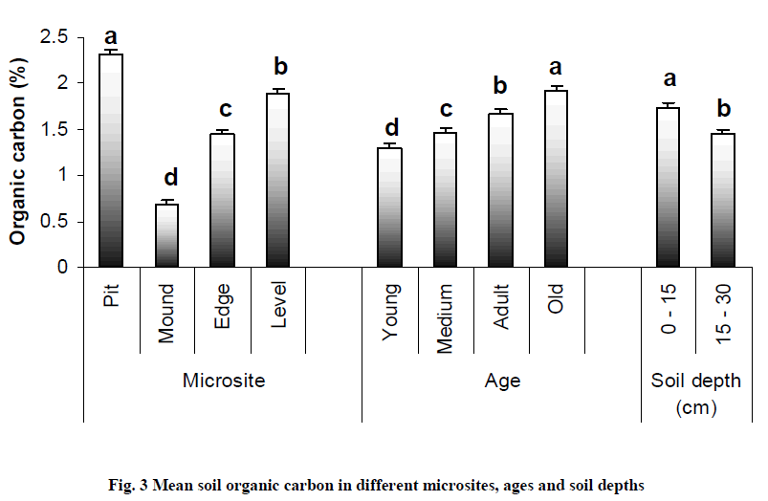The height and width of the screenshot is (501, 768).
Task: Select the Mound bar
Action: pos(167,235)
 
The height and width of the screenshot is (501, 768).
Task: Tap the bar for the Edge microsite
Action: pos(223,200)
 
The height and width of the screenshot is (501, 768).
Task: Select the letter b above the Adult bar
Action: pos(501,88)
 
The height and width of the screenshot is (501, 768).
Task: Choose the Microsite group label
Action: pos(223,381)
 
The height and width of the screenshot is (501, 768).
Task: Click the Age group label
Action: pos(502,381)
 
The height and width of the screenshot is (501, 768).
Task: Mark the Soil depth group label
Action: pos(695,381)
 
